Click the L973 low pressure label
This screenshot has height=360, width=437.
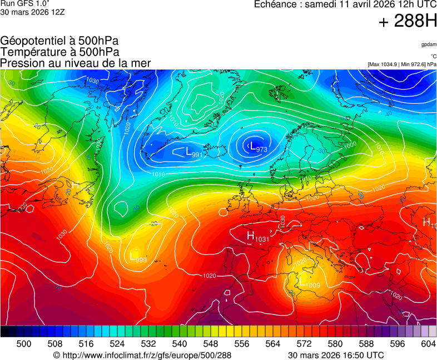click(x=258, y=147)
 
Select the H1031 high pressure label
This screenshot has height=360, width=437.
click(x=257, y=237)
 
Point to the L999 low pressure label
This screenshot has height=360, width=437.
click(x=137, y=257)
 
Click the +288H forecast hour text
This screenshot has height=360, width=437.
click(x=407, y=22)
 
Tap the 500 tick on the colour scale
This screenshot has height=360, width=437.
click(x=24, y=344)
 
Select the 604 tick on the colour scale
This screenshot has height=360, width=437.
click(x=428, y=344)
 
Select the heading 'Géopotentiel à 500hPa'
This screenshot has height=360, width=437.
click(x=59, y=41)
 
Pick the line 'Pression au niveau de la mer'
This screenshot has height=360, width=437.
click(x=76, y=63)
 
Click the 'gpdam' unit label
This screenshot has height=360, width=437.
click(x=428, y=44)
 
